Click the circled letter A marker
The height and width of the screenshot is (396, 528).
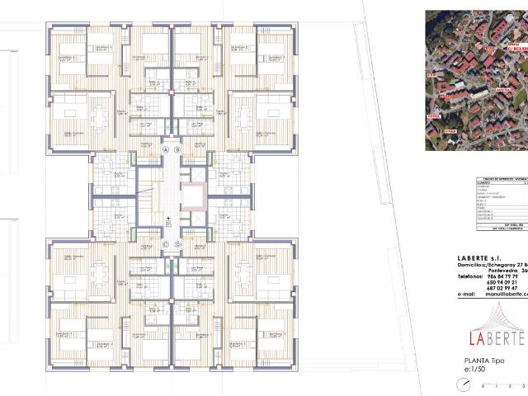click(x=165, y=150)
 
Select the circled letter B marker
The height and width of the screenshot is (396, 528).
click(x=177, y=150)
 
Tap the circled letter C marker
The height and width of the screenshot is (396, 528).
click(x=165, y=244)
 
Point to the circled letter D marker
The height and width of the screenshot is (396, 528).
click(x=177, y=244)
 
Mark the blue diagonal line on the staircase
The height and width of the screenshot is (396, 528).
click(x=147, y=198)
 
